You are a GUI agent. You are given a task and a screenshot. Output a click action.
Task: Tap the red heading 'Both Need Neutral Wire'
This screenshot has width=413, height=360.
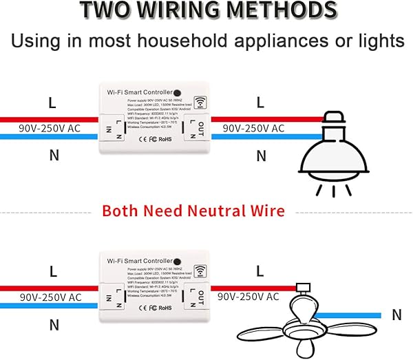[x=193, y=210]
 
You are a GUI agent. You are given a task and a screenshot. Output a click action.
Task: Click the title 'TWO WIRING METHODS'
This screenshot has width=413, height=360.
[x=207, y=11]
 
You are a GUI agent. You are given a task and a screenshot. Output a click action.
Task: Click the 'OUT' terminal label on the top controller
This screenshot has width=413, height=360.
[x=200, y=128]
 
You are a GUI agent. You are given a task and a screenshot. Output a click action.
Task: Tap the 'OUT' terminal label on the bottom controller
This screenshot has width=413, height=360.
[x=200, y=297]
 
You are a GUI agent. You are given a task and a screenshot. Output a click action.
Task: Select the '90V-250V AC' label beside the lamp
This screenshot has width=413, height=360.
[x=253, y=129]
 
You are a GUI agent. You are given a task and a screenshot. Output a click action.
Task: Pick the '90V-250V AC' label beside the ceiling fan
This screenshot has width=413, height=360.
[x=248, y=297]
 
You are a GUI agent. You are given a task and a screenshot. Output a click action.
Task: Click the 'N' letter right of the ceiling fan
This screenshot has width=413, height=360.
[x=396, y=315]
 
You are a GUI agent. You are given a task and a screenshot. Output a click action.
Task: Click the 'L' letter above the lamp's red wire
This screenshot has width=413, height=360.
[x=260, y=102]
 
